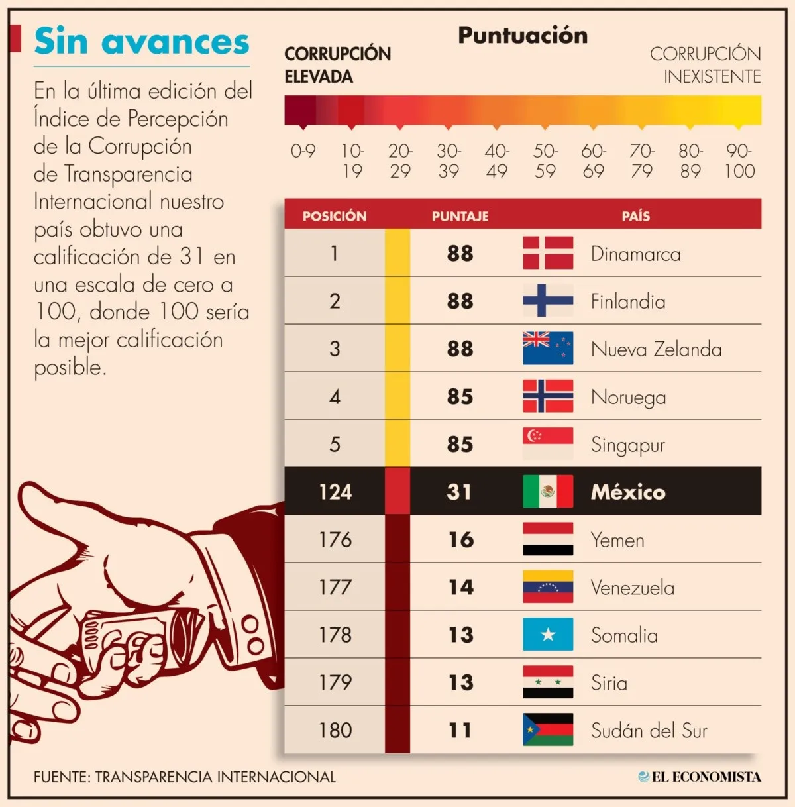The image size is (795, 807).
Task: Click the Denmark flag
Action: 548,253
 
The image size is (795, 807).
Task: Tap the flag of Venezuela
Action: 548,587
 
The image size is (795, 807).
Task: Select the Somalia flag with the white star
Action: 548,635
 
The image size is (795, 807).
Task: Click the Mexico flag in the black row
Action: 548,492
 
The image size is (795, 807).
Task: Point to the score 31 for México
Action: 460,492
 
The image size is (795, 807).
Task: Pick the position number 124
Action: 335,492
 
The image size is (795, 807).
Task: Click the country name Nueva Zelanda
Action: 656,349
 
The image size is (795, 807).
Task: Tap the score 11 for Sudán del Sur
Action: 460,730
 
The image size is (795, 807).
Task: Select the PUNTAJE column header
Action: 460,216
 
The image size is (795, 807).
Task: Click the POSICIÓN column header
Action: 335,216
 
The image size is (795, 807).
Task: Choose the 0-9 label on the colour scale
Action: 303,151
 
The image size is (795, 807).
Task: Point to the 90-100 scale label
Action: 739,161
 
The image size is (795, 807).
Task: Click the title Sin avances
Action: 142,41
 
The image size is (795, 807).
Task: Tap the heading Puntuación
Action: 523,35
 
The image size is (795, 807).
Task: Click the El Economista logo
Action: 699,777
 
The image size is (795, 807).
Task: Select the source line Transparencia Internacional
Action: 185,777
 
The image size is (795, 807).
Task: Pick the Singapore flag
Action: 548,444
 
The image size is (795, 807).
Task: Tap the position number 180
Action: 335,730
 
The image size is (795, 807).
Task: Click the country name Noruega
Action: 628,397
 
